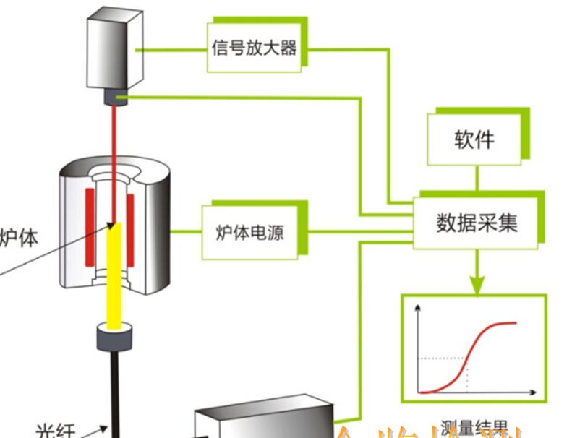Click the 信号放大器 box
[255, 48]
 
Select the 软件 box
[474, 139]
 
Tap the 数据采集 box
[477, 223]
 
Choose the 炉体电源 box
[250, 232]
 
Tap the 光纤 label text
[55, 430]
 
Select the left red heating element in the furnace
[90, 228]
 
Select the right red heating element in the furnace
[132, 228]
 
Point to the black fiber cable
[114, 390]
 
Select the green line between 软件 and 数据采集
[475, 179]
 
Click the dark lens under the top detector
[115, 96]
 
